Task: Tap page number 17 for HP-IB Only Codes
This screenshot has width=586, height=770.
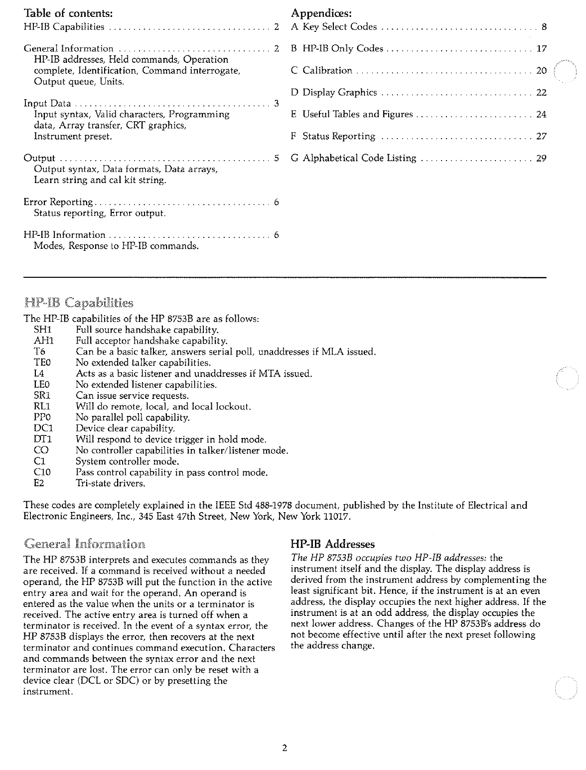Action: [541, 49]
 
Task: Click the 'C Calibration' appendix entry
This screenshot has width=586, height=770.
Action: [321, 71]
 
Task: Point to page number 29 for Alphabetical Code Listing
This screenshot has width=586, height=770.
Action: [541, 159]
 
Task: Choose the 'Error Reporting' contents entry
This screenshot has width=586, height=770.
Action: [58, 202]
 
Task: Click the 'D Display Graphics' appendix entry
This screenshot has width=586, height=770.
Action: [334, 93]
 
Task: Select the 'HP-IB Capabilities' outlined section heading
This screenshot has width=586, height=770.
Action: [79, 303]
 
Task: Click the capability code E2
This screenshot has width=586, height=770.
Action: [39, 484]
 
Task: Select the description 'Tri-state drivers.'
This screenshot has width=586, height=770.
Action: [111, 484]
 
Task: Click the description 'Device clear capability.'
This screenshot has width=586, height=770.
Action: [125, 429]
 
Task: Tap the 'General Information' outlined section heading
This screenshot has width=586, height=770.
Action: [85, 543]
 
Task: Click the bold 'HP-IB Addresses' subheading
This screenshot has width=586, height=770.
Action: [332, 545]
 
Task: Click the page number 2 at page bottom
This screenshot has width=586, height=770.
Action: [285, 748]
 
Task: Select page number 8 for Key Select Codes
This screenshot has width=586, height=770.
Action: [544, 27]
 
